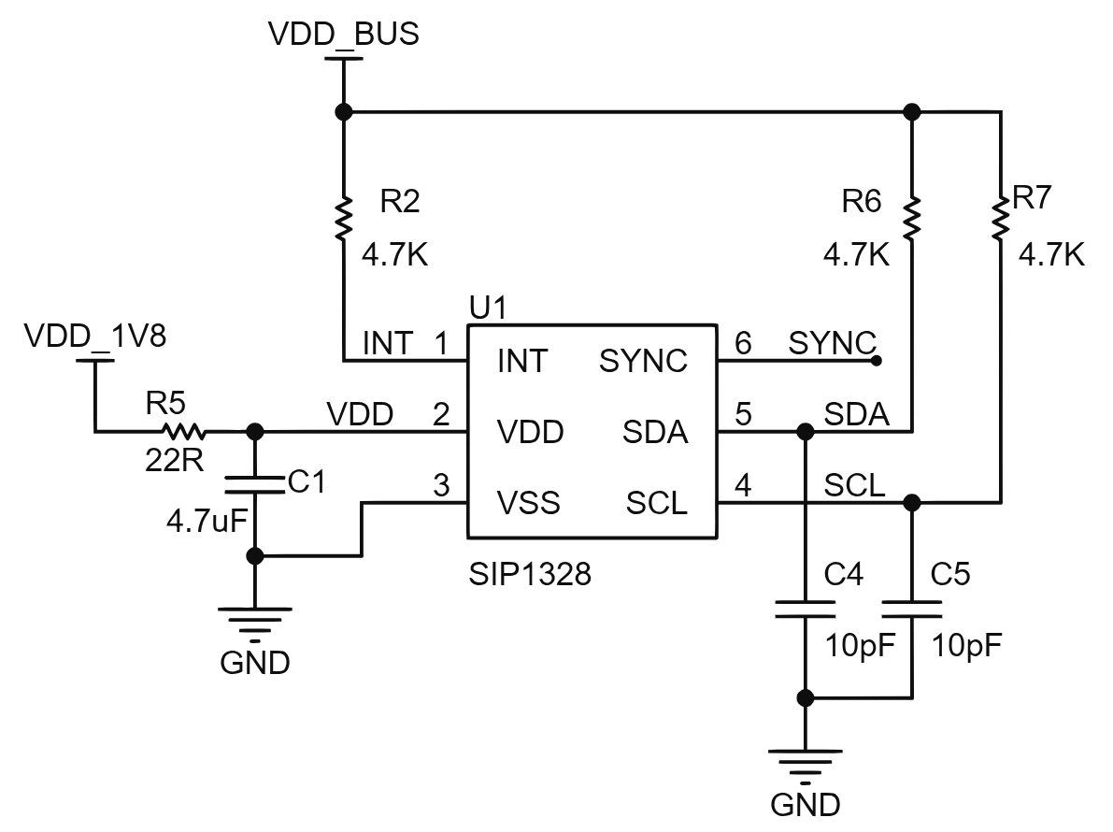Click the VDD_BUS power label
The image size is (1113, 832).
344,34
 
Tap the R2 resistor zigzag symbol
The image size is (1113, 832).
344,218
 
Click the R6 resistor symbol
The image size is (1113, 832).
912,218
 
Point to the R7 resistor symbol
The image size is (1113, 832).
1001,218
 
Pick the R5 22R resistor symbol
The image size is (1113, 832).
184,431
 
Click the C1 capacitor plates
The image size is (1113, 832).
254,485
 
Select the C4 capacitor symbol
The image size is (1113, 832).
805,610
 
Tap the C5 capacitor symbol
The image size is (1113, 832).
912,610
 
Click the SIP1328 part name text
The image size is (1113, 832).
530,574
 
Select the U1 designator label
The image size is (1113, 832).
488,308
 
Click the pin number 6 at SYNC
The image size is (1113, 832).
743,343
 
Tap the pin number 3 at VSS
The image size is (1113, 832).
441,485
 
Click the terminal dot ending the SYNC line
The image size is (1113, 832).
877,361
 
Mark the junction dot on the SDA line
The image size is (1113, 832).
805,432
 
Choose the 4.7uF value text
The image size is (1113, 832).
207,522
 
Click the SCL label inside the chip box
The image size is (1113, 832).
657,503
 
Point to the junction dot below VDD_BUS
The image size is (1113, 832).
344,112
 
